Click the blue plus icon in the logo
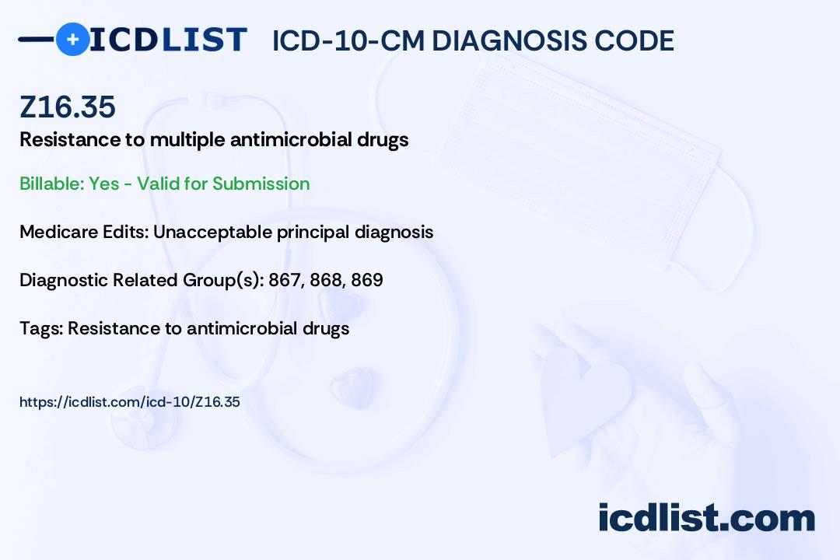point(72,39)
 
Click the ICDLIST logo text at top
point(168,39)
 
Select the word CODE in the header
point(635,40)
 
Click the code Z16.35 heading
point(68,107)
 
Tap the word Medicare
point(55,232)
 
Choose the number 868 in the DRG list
point(327,280)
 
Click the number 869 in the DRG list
point(367,280)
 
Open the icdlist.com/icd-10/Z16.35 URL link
point(130,402)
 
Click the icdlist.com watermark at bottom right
point(706,518)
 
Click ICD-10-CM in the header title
point(348,40)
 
